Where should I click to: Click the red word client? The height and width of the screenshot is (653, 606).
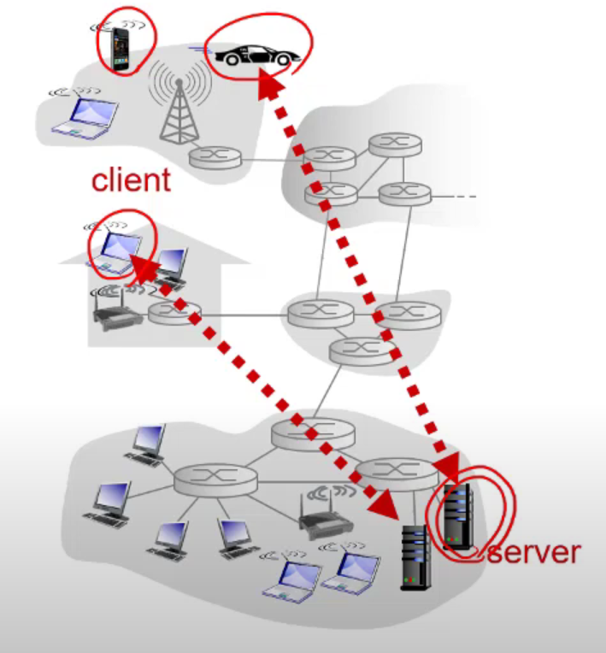pos(131,179)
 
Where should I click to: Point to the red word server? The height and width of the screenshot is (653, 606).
pos(532,551)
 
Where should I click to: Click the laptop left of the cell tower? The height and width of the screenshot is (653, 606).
pos(83,115)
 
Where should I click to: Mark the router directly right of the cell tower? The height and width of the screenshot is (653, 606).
pos(216,157)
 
